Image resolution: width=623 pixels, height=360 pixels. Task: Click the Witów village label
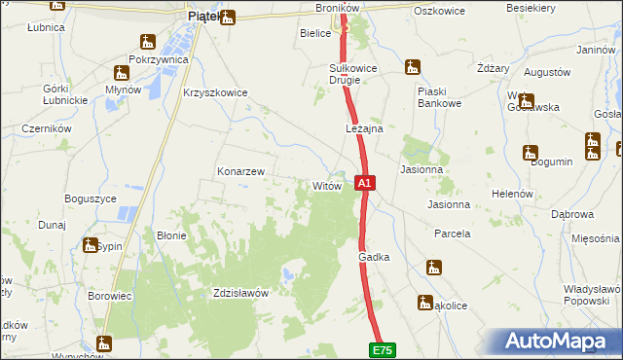point(325,185)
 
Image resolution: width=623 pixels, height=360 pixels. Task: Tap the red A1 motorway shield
point(364,182)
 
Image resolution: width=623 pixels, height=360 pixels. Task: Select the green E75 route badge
point(382,347)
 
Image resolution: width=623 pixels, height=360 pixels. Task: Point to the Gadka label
point(374,257)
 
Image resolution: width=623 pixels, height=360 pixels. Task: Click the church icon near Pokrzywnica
point(148,42)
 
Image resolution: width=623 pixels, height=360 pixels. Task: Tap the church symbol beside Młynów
point(122,72)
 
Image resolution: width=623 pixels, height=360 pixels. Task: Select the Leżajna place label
point(364,128)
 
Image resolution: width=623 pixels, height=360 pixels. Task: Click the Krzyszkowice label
point(215,93)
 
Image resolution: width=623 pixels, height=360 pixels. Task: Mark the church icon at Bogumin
point(531,152)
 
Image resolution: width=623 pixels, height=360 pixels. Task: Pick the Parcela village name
point(452,234)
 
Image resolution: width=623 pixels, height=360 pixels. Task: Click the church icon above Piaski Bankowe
point(414,68)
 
